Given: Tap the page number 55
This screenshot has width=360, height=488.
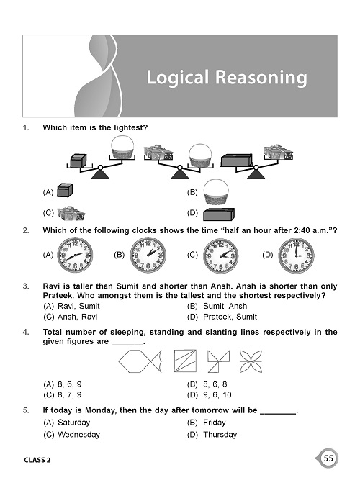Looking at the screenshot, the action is coord(328,458).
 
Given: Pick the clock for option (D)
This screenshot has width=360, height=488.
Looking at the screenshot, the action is coord(296,254).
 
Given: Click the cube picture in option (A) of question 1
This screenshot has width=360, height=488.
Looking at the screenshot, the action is coord(66,191).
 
